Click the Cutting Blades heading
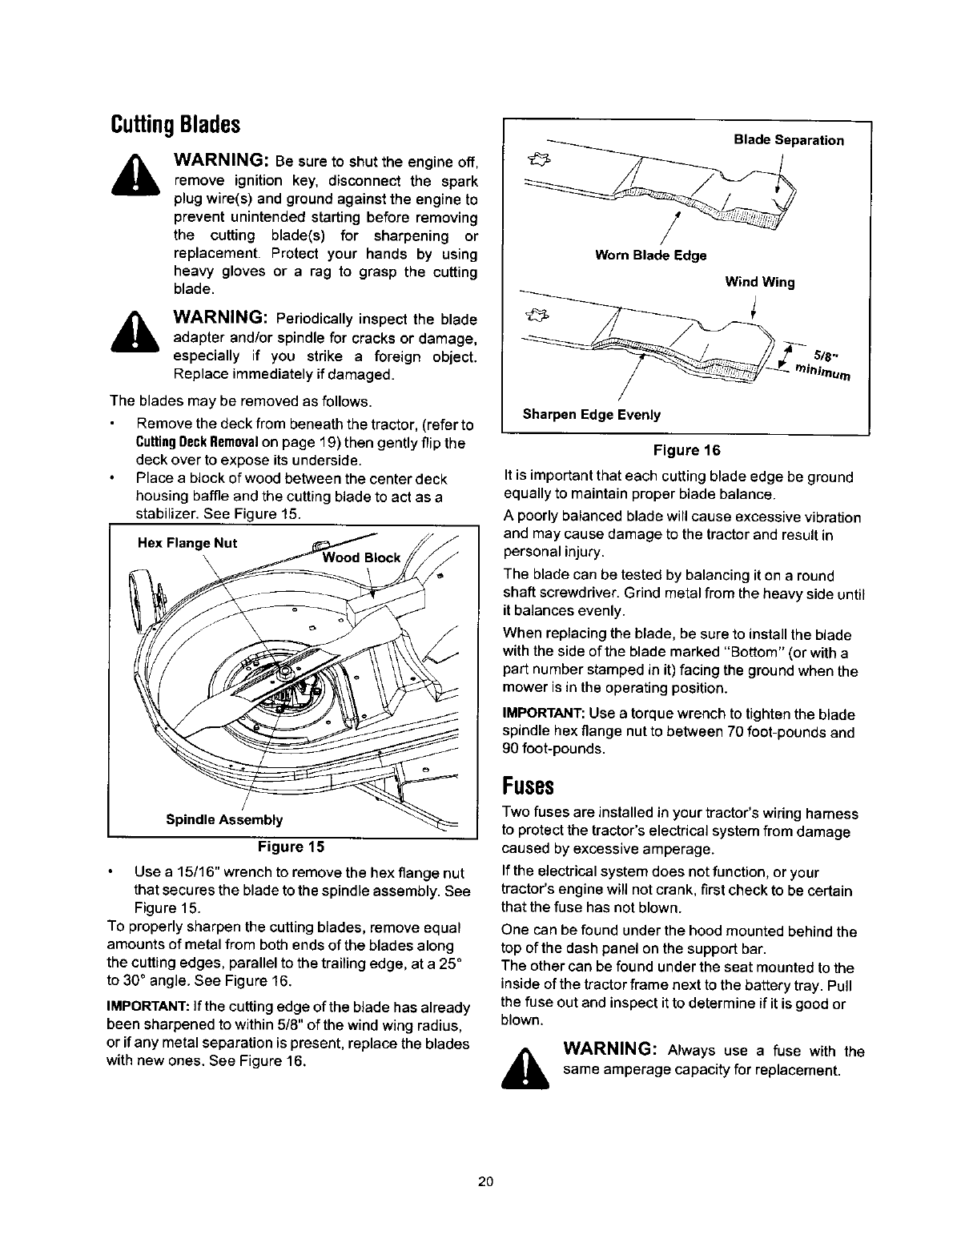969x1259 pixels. click(174, 125)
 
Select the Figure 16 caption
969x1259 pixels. click(685, 449)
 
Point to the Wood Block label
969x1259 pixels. click(360, 557)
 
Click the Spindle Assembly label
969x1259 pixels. click(224, 819)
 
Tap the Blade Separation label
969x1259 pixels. click(789, 140)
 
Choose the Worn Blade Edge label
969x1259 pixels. click(650, 255)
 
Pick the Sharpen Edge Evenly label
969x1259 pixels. click(592, 414)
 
